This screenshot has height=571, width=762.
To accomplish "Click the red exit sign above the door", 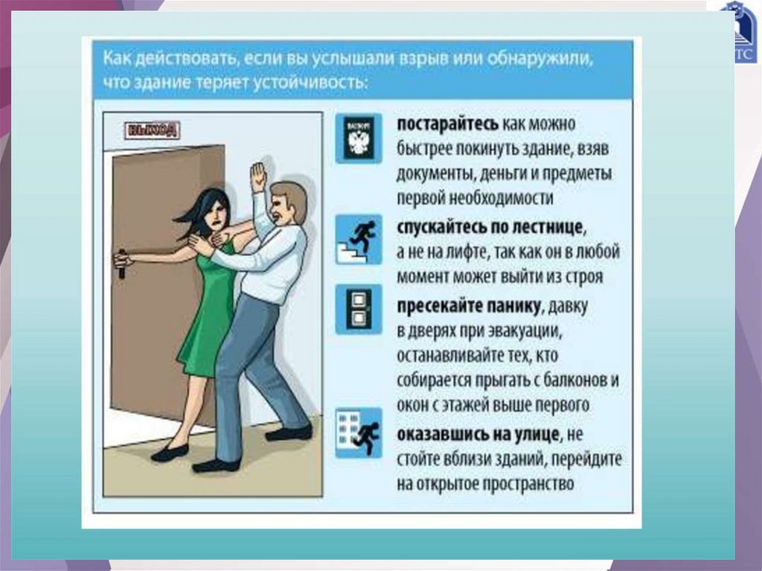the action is click(x=153, y=130).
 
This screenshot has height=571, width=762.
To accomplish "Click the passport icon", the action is click(x=359, y=139).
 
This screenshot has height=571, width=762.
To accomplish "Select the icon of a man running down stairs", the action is click(x=359, y=239).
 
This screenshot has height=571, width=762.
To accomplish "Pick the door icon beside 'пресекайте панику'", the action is click(x=359, y=310).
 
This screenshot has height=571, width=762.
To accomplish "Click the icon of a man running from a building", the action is click(x=359, y=433).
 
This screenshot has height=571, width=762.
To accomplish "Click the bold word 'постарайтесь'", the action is click(x=447, y=124).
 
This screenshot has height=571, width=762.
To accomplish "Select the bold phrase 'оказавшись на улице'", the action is click(x=478, y=434).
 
